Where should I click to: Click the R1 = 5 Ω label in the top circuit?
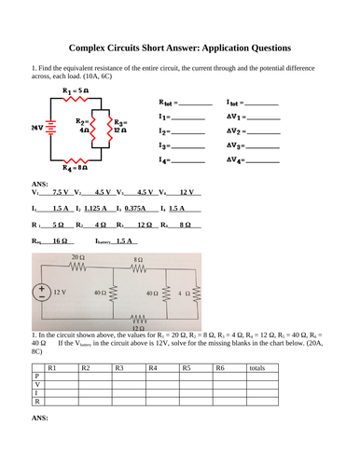tap(76, 90)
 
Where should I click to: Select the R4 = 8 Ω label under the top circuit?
tap(75, 168)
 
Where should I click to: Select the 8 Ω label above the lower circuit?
tap(138, 258)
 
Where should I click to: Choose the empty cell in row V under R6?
tap(228, 390)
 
